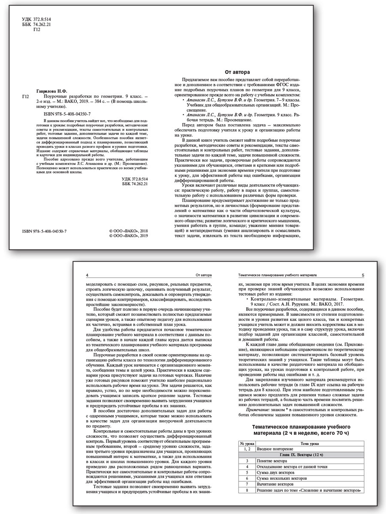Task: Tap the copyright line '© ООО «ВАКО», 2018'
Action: click(x=129, y=230)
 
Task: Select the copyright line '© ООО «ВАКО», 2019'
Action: click(x=129, y=236)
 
